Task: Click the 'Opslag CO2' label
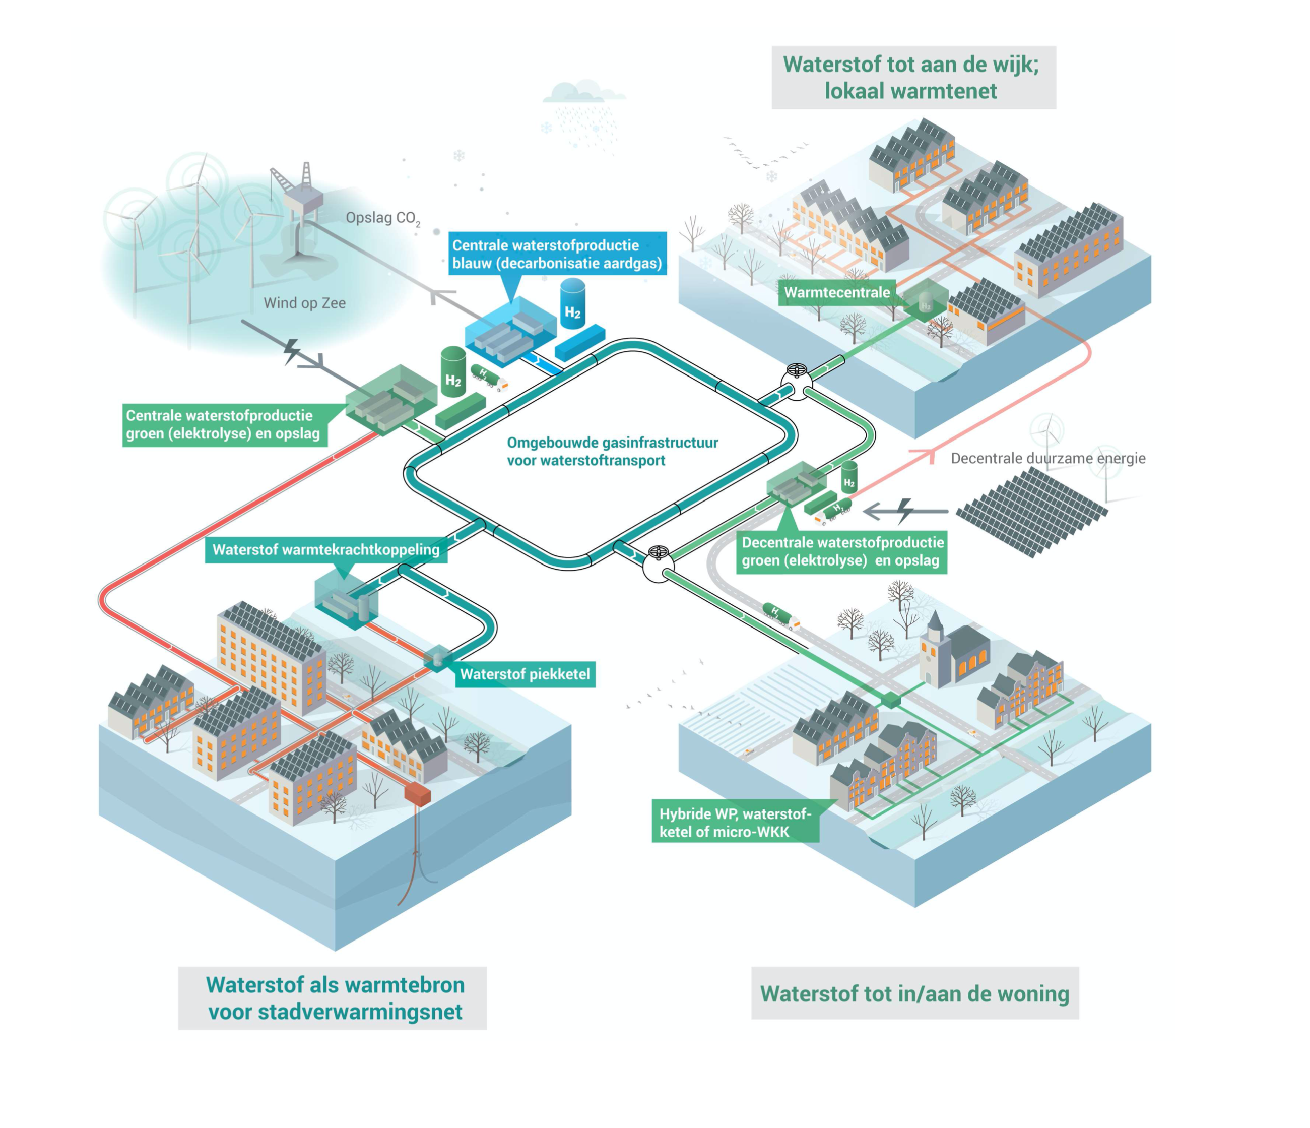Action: pos(382,218)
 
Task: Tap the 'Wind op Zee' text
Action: pos(304,303)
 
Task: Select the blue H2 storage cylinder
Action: pos(573,305)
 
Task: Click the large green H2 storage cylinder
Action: pos(452,372)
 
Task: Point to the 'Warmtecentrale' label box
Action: pos(836,293)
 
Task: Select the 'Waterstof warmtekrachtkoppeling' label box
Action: pos(325,549)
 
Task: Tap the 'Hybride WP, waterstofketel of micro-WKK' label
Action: pos(735,823)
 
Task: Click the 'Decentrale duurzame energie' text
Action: pos(1047,459)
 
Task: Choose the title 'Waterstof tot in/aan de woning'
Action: pos(914,993)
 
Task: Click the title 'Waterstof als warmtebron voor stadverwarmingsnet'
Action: pos(335,998)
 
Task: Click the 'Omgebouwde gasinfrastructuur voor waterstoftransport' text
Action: pos(612,452)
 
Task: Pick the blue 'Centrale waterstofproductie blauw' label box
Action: pos(556,254)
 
